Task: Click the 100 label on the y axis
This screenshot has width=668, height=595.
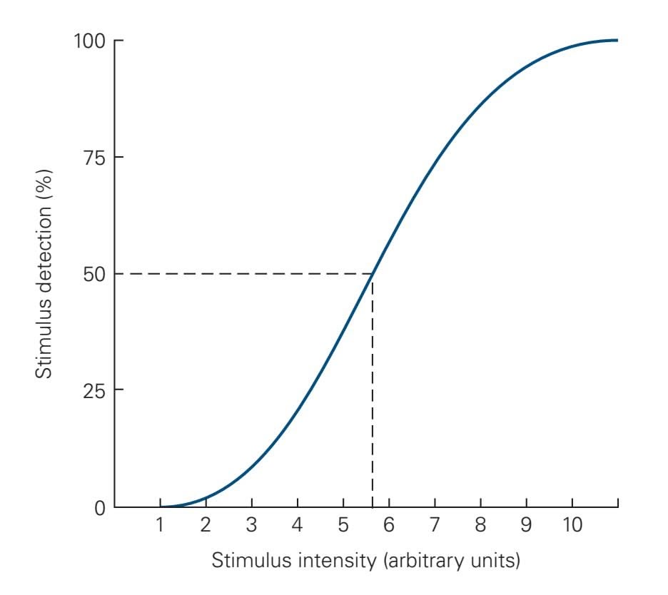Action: pyautogui.click(x=90, y=41)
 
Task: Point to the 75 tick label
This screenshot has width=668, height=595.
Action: pyautogui.click(x=94, y=157)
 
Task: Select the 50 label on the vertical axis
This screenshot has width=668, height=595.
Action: pyautogui.click(x=94, y=274)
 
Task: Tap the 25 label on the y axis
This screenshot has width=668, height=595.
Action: pyautogui.click(x=94, y=390)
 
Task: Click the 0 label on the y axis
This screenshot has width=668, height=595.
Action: pyautogui.click(x=100, y=507)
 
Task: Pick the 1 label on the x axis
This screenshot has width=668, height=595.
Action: pyautogui.click(x=161, y=527)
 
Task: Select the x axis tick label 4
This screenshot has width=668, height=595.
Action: pyautogui.click(x=298, y=527)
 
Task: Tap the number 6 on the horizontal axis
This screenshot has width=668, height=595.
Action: pyautogui.click(x=389, y=527)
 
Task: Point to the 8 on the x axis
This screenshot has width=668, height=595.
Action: pyautogui.click(x=480, y=527)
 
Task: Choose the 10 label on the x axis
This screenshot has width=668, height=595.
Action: pyautogui.click(x=572, y=527)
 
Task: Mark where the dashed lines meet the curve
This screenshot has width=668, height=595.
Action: pyautogui.click(x=373, y=274)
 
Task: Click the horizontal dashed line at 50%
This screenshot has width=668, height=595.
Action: pyautogui.click(x=243, y=274)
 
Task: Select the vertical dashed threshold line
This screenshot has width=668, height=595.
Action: pyautogui.click(x=373, y=392)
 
